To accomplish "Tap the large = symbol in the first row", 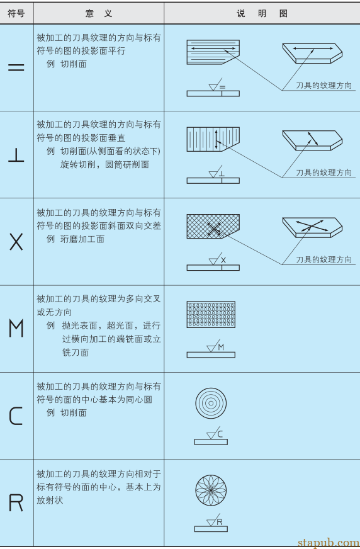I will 16,67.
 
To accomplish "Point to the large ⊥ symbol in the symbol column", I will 16,155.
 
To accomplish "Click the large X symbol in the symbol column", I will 16,242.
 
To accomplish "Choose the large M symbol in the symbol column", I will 16,329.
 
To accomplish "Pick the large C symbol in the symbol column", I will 16,416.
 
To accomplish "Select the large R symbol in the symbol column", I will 16,502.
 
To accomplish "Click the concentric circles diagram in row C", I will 211,402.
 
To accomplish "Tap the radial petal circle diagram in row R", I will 211,490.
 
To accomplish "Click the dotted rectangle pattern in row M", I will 211,314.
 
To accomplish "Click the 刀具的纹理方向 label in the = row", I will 324,85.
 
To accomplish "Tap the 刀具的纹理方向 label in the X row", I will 324,259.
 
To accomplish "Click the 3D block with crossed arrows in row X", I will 312,227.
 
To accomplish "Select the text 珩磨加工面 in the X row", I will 82,239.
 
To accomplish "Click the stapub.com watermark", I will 328,542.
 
